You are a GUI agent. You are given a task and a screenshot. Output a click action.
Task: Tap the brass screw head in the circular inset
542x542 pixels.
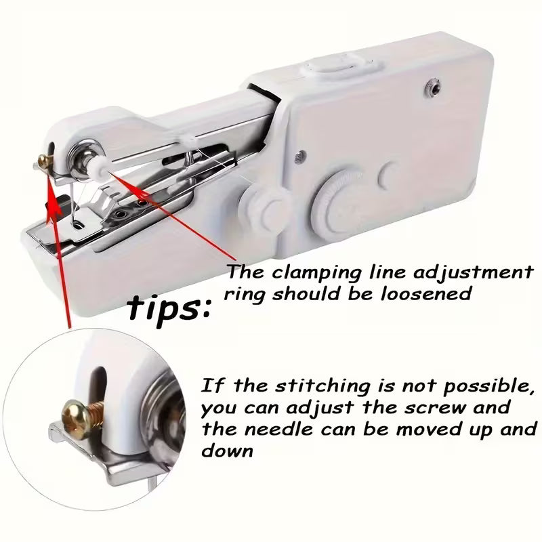pos(73,411)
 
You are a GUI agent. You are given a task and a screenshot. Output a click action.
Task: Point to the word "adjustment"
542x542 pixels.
pos(475,274)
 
